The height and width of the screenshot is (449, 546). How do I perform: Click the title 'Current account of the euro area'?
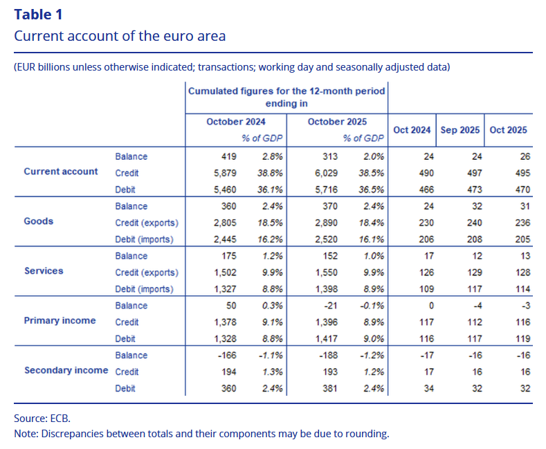[x=120, y=36]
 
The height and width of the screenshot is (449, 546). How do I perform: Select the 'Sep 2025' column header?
[x=459, y=130]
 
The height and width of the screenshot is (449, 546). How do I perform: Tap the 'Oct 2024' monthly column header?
[x=412, y=130]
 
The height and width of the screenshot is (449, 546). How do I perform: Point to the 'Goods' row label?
[x=39, y=221]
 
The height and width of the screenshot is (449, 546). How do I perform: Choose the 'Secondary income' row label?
[x=66, y=371]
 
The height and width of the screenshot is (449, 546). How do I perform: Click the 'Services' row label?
[x=44, y=271]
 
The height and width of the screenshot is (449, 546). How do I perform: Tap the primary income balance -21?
[x=329, y=306]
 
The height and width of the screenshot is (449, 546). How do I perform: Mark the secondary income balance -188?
[x=327, y=356]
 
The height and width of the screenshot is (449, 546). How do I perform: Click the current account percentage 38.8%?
[x=273, y=173]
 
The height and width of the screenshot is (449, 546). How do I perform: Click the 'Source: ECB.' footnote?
[x=42, y=419]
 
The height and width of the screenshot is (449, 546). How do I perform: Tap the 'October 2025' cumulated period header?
[x=337, y=122]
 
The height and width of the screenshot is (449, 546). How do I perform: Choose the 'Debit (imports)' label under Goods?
[x=147, y=239]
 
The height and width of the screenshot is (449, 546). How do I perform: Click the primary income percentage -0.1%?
[x=372, y=306]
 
